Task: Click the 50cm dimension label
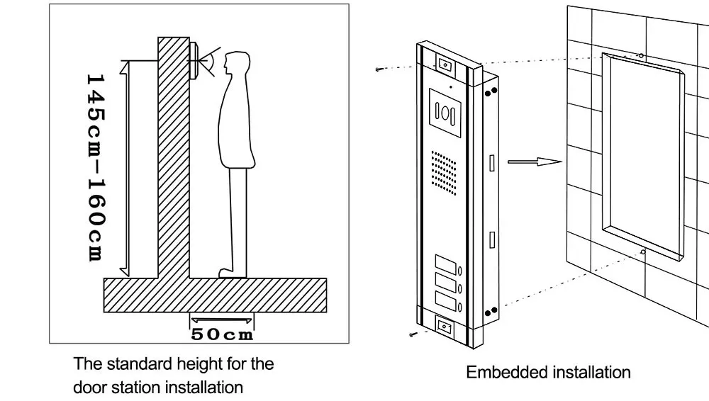point(222,334)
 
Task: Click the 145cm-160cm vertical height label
point(96,168)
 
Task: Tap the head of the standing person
point(237,63)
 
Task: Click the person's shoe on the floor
point(232,273)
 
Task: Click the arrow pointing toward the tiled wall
point(535,162)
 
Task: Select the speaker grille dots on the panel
point(444,173)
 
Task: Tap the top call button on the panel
point(445,265)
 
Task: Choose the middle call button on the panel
point(445,283)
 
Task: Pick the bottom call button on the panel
point(445,301)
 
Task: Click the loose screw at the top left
point(379,69)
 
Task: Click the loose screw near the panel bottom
point(413,334)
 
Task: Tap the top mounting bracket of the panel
point(445,64)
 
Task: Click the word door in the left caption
point(89,388)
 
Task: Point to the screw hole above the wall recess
point(641,55)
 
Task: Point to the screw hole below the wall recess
point(643,252)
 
